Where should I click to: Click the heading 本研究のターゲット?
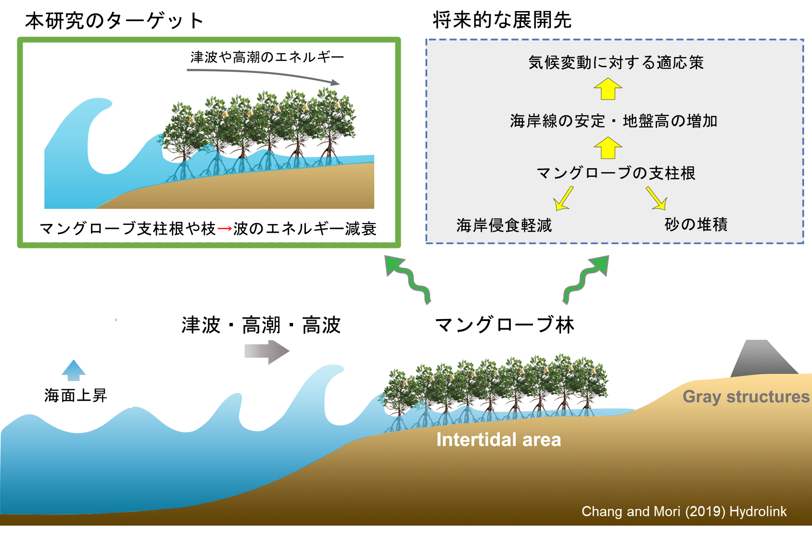[x=114, y=21]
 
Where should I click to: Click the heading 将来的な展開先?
[x=502, y=20]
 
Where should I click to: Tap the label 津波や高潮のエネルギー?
[x=267, y=58]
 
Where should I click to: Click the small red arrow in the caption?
[x=224, y=229]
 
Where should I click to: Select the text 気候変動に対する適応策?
[x=616, y=62]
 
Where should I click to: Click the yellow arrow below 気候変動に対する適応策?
[x=608, y=89]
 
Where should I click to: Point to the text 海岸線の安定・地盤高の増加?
[x=613, y=121]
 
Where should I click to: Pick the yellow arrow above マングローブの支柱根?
[x=608, y=148]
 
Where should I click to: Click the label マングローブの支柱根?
[x=616, y=173]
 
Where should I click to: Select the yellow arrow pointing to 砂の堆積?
[x=656, y=198]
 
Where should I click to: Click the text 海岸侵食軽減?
[x=504, y=225]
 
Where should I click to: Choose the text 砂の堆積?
[x=696, y=224]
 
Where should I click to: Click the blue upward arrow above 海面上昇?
[x=74, y=370]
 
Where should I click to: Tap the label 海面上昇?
[x=76, y=396]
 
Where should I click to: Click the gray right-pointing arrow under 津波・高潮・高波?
[x=266, y=352]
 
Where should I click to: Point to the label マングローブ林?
[x=505, y=325]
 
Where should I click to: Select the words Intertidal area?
[x=498, y=440]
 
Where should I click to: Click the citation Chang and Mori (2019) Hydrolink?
[x=684, y=511]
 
